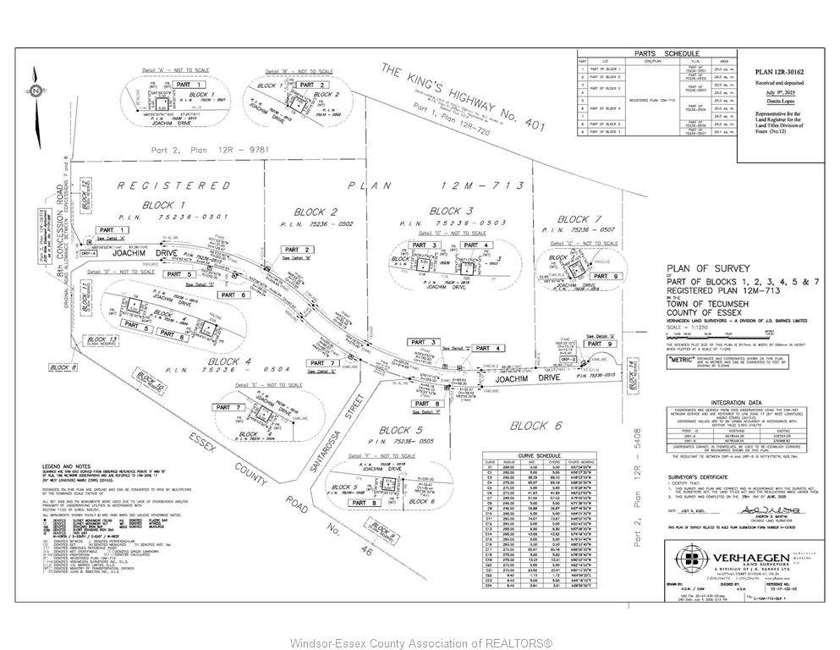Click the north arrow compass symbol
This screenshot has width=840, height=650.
36,91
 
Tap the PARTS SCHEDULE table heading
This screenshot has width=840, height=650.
656,52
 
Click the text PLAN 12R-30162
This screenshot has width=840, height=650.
780,73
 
